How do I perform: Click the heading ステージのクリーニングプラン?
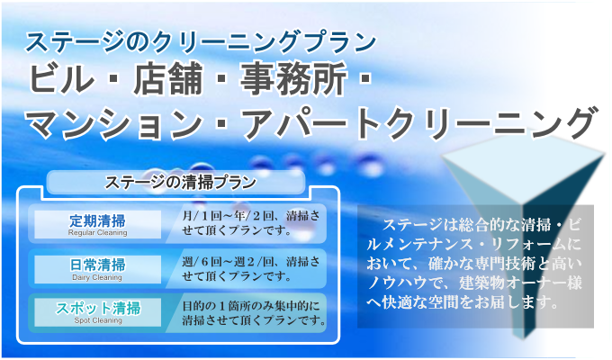pos(201,41)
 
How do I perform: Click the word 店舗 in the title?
pos(168,79)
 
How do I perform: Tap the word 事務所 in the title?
pos(293,79)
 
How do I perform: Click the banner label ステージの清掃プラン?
pos(180,183)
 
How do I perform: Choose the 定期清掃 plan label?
pos(97,221)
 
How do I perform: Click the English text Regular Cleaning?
pos(97,233)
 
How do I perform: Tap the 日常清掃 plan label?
pos(97,265)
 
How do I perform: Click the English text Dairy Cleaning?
pos(97,277)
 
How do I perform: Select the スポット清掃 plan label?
pos(98,309)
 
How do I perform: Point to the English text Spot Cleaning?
pos(98,320)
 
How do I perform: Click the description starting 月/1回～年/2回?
pos(251,223)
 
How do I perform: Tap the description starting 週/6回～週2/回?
pos(251,268)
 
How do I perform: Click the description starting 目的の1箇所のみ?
pos(254,313)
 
